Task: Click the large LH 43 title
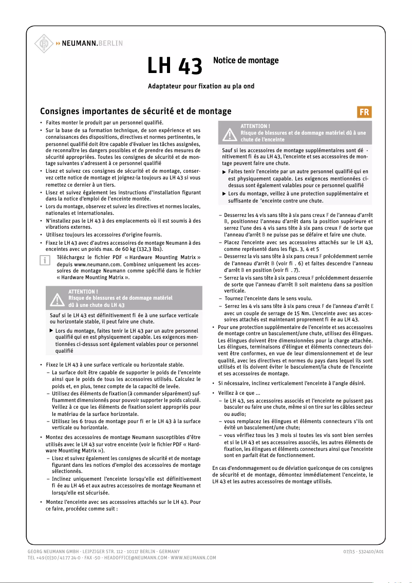click(x=175, y=66)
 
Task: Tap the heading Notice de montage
click(x=246, y=61)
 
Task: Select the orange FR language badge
click(x=364, y=112)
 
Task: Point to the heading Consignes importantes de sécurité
click(x=136, y=111)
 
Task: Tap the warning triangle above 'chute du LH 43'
click(x=57, y=298)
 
